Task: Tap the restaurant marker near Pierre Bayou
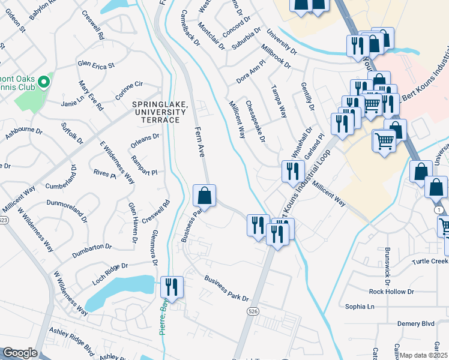tap(172, 287)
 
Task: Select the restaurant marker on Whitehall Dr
tap(292, 171)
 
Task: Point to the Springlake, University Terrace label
tap(156, 112)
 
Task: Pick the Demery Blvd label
tap(415, 323)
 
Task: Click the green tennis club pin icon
tap(43, 82)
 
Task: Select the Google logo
tap(20, 353)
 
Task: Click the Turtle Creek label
tap(430, 262)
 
